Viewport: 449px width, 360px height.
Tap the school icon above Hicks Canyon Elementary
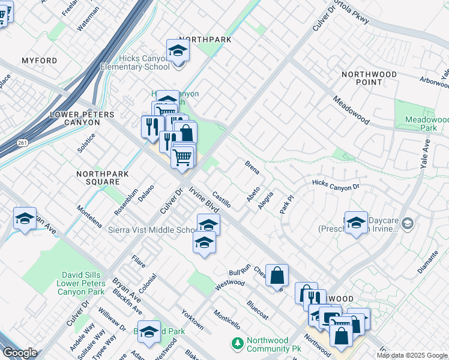178,51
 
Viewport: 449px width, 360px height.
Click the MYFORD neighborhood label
39,61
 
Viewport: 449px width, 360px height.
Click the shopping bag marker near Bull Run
277,275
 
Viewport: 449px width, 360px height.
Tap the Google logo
20,353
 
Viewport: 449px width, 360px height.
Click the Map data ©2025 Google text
412,355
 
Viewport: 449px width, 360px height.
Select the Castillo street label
221,199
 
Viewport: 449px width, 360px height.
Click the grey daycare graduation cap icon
408,223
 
